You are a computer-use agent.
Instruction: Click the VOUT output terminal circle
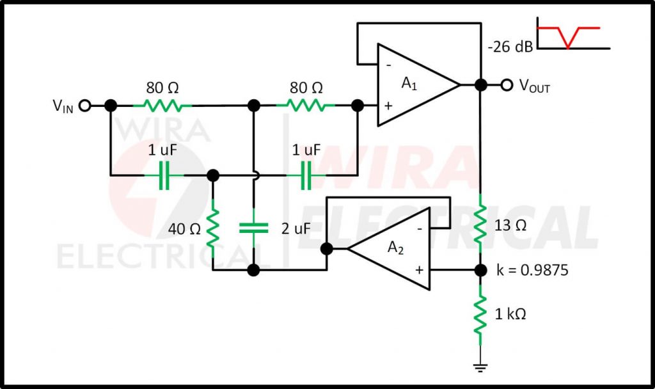click(507, 85)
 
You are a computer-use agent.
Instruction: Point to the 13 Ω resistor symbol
click(480, 225)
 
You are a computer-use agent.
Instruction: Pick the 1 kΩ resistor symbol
click(480, 314)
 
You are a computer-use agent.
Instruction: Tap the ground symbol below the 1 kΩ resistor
click(480, 368)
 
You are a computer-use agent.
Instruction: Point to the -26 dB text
click(510, 46)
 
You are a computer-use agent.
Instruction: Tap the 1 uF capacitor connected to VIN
click(164, 176)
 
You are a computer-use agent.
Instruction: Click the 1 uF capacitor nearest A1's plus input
click(306, 176)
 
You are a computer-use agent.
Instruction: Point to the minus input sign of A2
click(420, 228)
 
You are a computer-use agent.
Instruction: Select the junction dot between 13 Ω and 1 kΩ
click(480, 270)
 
